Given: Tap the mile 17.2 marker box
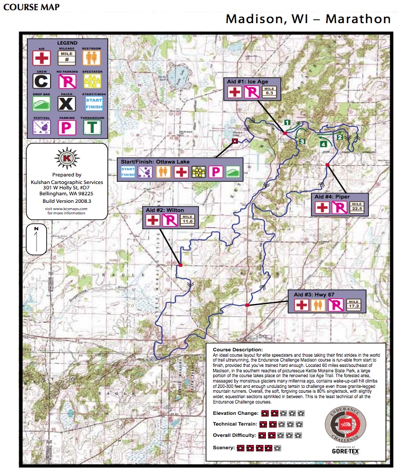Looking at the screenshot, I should click(x=354, y=305).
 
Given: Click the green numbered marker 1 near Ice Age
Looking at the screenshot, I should click(x=287, y=123).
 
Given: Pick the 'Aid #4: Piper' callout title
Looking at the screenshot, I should click(x=335, y=196).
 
